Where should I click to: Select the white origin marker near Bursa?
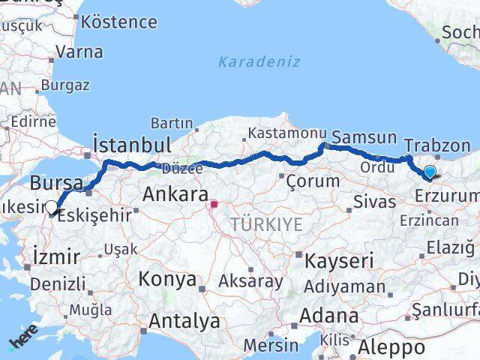(51, 208)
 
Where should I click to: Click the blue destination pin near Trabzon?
(430, 173)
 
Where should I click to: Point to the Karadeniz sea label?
(259, 61)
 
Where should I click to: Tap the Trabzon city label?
(436, 145)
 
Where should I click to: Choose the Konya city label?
(167, 280)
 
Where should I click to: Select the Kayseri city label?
(338, 260)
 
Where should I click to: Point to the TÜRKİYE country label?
(266, 224)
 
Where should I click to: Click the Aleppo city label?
(391, 347)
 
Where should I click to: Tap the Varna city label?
(79, 52)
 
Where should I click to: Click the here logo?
(23, 342)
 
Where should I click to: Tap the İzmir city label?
(56, 257)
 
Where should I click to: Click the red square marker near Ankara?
(214, 203)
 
